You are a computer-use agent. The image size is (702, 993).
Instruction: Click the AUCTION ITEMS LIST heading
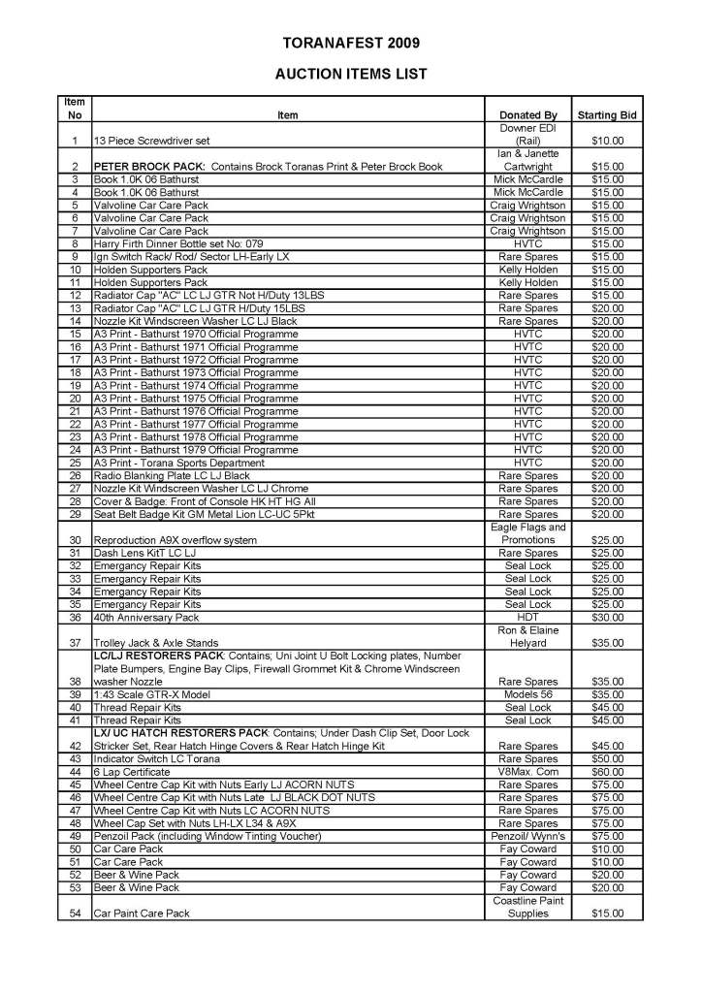click(351, 74)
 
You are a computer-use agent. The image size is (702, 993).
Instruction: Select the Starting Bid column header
click(606, 115)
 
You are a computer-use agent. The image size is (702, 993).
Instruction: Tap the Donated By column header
click(527, 115)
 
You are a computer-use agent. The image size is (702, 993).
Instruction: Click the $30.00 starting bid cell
click(606, 617)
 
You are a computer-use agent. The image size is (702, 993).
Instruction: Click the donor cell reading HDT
click(527, 617)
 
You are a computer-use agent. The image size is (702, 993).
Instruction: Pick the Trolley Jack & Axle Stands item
click(156, 643)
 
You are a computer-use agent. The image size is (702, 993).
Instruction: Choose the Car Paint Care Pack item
click(142, 913)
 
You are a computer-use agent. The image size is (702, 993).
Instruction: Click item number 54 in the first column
click(75, 913)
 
